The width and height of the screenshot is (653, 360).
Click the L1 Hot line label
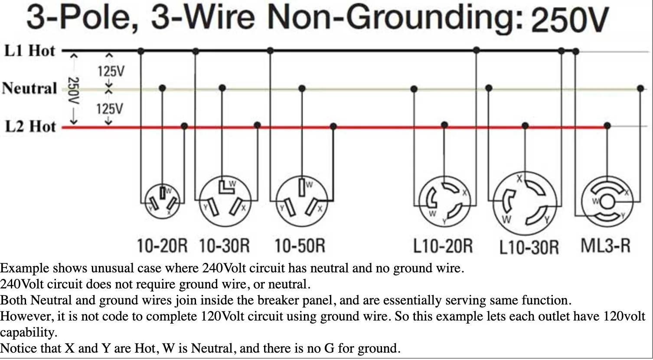coord(30,51)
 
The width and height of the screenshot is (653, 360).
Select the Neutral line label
coord(29,88)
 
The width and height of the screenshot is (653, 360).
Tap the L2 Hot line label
coord(30,127)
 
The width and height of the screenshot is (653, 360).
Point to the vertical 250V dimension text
coord(73,91)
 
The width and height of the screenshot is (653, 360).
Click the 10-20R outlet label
coord(162,246)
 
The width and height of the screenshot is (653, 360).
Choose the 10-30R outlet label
coord(224,246)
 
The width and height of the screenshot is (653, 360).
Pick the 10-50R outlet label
coord(300,246)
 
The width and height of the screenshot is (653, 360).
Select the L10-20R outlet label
coord(443,246)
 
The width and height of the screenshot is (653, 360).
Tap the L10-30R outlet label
coord(529,247)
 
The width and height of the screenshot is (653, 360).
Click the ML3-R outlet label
coord(605,245)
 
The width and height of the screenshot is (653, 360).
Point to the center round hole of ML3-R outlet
coord(607,202)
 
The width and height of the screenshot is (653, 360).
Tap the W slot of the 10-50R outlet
coord(302,187)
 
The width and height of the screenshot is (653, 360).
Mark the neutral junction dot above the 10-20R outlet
coord(162,88)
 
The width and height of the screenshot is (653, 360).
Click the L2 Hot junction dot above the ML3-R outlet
coord(607,126)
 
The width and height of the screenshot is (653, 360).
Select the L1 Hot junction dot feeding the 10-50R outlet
coord(270,51)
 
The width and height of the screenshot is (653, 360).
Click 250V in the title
coord(570,20)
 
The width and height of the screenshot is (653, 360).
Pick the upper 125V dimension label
coord(111,71)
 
